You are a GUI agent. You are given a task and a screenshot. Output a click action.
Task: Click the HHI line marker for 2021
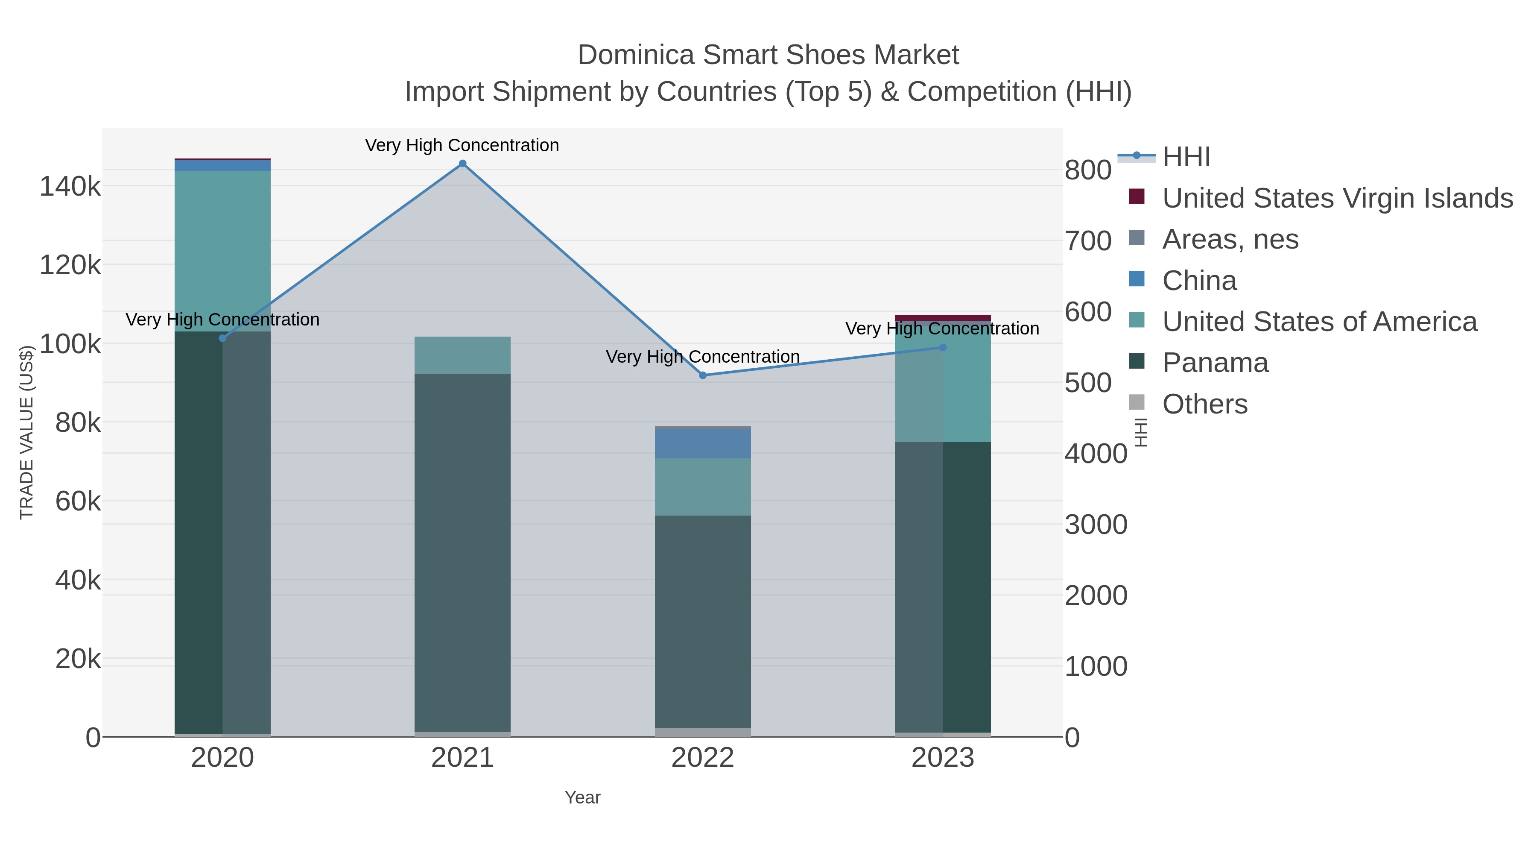(x=462, y=164)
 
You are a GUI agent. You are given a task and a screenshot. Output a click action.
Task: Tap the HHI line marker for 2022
(x=702, y=375)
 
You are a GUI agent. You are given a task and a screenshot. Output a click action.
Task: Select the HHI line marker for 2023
(x=943, y=347)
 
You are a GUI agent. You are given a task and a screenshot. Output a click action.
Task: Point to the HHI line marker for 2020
(x=222, y=338)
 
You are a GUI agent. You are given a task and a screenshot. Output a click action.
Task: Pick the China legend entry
(x=1199, y=281)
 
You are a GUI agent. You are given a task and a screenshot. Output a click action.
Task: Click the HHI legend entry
(x=1186, y=157)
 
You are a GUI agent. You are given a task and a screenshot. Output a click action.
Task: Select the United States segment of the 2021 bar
(x=462, y=355)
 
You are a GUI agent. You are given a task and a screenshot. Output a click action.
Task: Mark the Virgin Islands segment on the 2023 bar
(x=943, y=317)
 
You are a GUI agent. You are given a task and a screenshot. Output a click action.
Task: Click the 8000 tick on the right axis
(x=1088, y=170)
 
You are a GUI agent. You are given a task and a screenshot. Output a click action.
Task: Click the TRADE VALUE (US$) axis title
(x=27, y=433)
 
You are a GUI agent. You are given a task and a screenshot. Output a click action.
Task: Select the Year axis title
(x=582, y=798)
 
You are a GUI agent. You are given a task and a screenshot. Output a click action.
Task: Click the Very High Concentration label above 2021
(x=462, y=146)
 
